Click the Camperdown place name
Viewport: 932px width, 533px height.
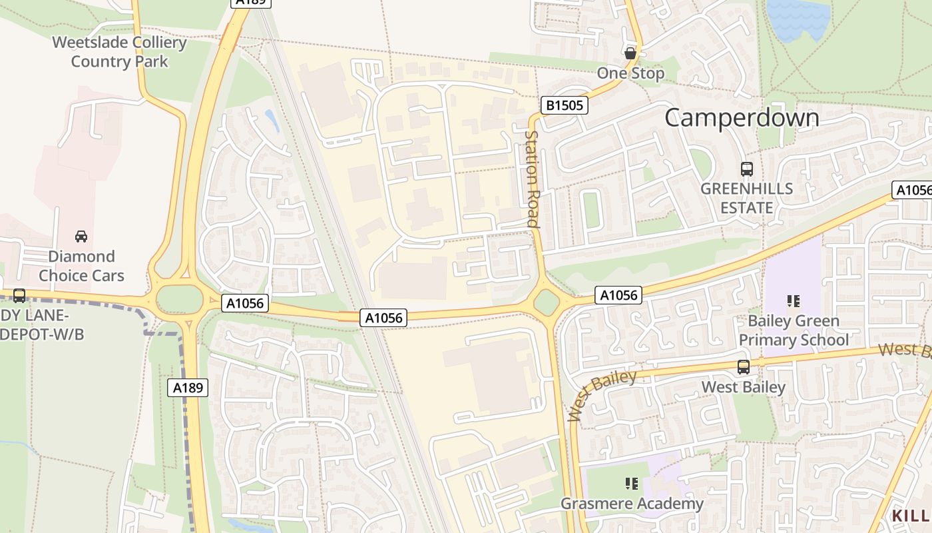(742, 118)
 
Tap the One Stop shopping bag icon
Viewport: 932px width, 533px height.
(630, 53)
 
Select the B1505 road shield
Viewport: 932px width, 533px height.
(565, 105)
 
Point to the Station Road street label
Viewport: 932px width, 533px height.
(532, 179)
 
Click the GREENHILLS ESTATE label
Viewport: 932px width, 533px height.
(746, 198)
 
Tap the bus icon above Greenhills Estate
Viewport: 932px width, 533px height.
(746, 169)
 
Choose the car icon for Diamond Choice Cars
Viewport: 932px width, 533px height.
(81, 236)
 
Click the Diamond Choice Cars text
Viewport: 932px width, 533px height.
(81, 266)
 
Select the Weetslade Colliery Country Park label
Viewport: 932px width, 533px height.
(119, 52)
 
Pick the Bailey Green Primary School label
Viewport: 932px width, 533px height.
(794, 330)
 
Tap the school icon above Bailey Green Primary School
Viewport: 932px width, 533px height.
(793, 301)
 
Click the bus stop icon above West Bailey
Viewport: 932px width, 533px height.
(743, 366)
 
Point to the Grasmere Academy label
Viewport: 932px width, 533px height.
(631, 503)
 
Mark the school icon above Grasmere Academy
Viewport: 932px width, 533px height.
(631, 483)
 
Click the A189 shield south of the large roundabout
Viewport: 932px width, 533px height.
(188, 388)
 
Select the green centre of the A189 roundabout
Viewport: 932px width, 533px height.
(179, 299)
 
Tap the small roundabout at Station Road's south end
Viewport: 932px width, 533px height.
(547, 302)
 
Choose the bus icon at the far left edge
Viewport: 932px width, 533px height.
(19, 296)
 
